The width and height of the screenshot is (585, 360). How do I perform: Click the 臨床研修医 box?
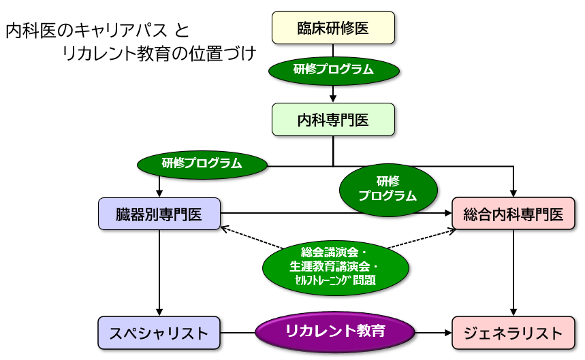tap(333, 28)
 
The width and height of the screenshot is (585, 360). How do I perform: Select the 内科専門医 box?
tap(333, 120)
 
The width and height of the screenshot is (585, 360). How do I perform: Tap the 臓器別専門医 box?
tap(159, 214)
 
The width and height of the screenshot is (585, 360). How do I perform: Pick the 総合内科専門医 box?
tap(513, 214)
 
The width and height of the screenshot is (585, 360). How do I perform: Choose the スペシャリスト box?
tap(159, 333)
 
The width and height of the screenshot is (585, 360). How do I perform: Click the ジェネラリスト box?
tap(513, 333)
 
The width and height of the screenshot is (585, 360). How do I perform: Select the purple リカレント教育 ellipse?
tap(335, 331)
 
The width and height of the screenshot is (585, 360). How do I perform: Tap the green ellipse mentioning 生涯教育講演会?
tap(336, 267)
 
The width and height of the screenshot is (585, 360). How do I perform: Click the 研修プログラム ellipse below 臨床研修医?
tap(334, 69)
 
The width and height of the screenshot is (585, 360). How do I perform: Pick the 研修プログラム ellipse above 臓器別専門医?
tap(202, 165)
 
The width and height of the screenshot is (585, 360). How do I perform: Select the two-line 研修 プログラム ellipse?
tap(388, 190)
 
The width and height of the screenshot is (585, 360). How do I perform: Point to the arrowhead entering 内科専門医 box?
tap(333, 99)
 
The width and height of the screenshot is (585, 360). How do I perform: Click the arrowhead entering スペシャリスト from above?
tap(159, 312)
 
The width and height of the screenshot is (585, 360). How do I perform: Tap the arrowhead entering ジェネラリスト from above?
tap(513, 312)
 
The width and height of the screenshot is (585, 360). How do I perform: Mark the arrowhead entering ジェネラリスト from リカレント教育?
tap(447, 333)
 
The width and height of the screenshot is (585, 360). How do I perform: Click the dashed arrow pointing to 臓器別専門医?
tap(252, 238)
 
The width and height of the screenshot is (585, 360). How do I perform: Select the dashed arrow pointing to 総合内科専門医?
tap(422, 239)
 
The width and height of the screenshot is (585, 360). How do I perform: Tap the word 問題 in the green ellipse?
tap(364, 280)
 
